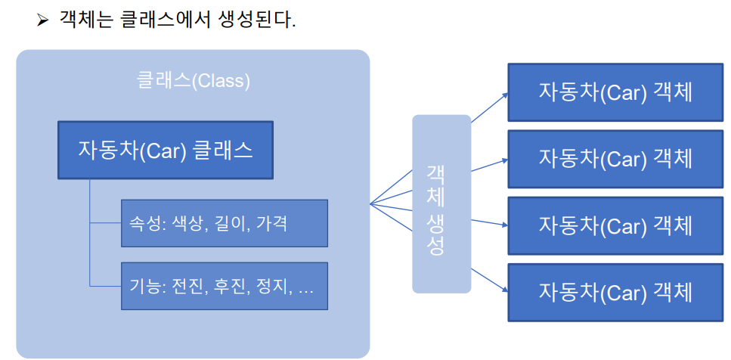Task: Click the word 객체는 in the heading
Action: (x=86, y=19)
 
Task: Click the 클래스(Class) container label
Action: (x=193, y=80)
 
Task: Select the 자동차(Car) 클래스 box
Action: (x=166, y=150)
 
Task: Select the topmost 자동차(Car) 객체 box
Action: (x=615, y=93)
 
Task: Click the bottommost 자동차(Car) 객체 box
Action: (x=615, y=291)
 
